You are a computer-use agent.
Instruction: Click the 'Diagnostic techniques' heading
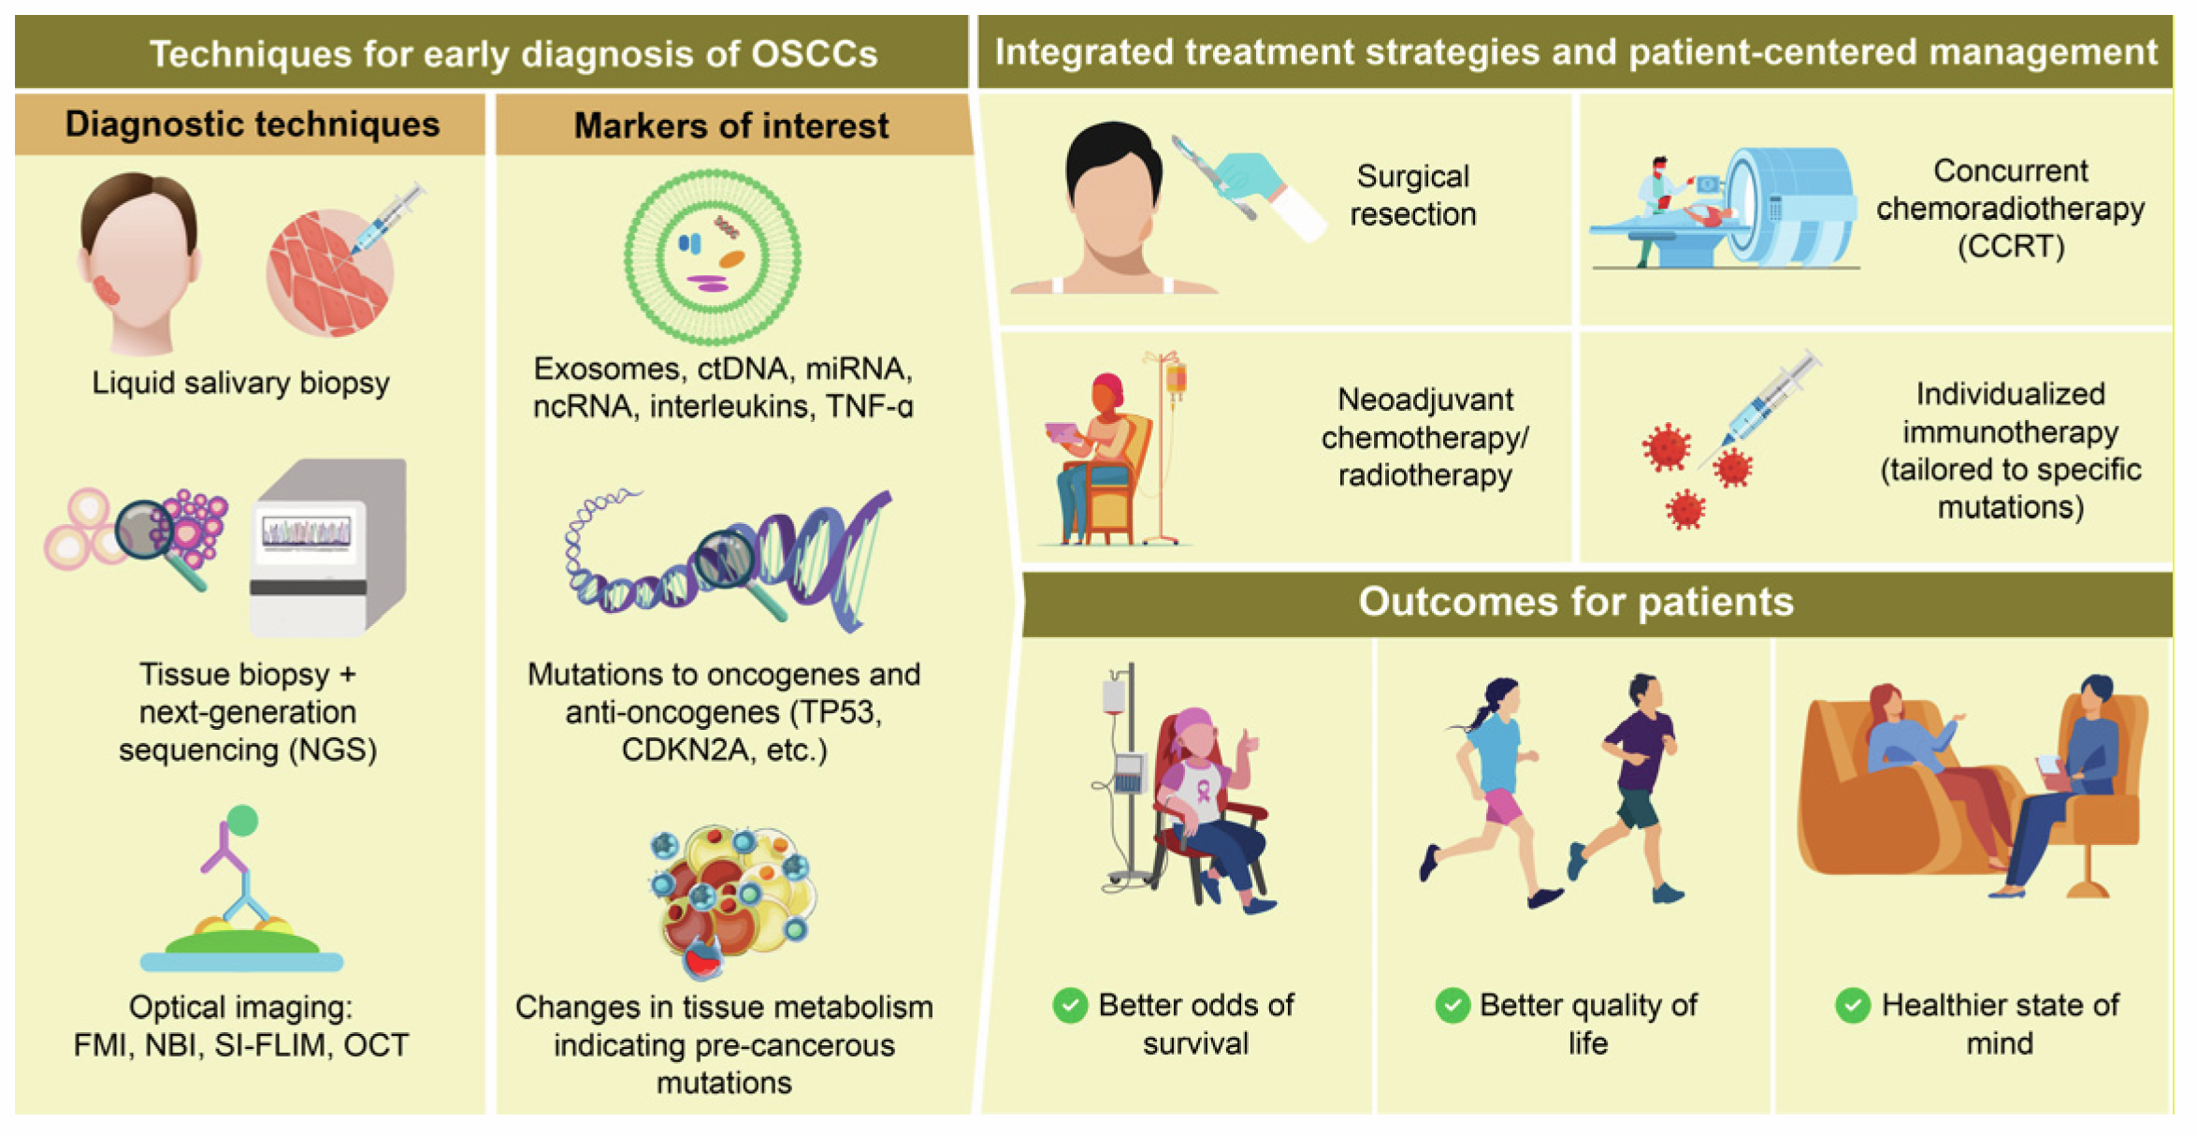(x=253, y=124)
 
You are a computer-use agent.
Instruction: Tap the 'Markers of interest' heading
(x=731, y=126)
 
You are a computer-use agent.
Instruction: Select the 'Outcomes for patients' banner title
(x=1576, y=602)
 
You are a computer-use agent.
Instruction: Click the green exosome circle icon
(x=713, y=256)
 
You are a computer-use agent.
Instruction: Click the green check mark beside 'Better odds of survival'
(x=1070, y=1006)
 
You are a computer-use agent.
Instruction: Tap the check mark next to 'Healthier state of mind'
(x=1852, y=1006)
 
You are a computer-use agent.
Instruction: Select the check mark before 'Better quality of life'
(x=1453, y=1006)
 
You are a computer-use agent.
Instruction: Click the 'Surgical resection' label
(x=1413, y=196)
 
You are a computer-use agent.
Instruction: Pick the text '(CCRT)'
(x=2011, y=247)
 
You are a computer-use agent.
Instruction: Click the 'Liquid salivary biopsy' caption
(x=240, y=384)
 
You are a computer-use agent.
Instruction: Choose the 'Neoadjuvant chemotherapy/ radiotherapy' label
(x=1425, y=438)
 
